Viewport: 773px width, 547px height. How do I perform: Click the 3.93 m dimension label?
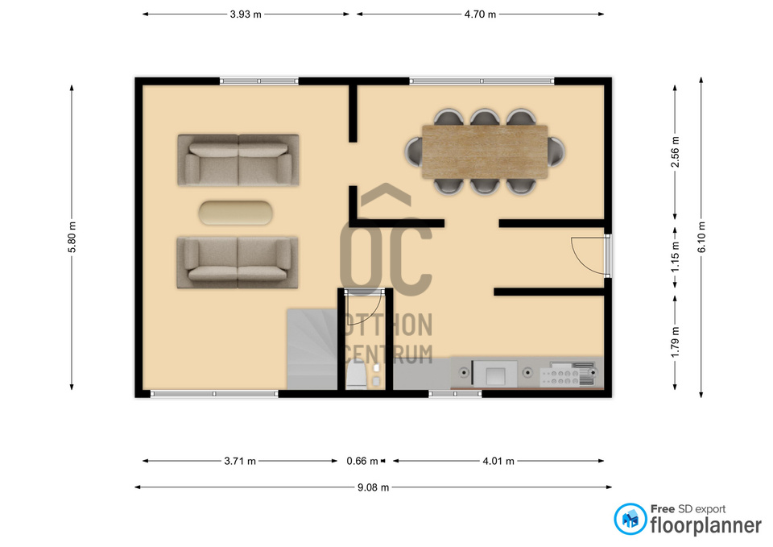pos(246,15)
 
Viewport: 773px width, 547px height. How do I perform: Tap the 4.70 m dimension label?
pos(480,15)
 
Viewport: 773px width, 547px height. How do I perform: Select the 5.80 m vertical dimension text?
pos(72,237)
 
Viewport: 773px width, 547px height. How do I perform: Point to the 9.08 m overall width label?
pos(373,487)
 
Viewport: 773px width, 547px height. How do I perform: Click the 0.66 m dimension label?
pos(362,461)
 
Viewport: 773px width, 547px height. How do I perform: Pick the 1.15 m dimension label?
pos(676,256)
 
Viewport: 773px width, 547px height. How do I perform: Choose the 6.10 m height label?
pos(701,237)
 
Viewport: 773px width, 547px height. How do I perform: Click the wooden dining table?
pos(485,152)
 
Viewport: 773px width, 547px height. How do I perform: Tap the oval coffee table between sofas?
pos(236,213)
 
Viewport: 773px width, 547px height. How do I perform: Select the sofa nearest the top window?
pos(238,160)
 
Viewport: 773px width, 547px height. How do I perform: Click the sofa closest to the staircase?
pos(238,263)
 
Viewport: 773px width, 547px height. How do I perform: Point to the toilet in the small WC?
pos(356,374)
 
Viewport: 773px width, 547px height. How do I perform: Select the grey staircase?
pos(312,349)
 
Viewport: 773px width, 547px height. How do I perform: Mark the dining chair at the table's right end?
pos(556,152)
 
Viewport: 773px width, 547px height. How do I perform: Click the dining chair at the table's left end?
pos(414,152)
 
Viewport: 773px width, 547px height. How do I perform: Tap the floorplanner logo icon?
pos(630,519)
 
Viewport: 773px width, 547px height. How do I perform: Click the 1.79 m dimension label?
pos(676,342)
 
